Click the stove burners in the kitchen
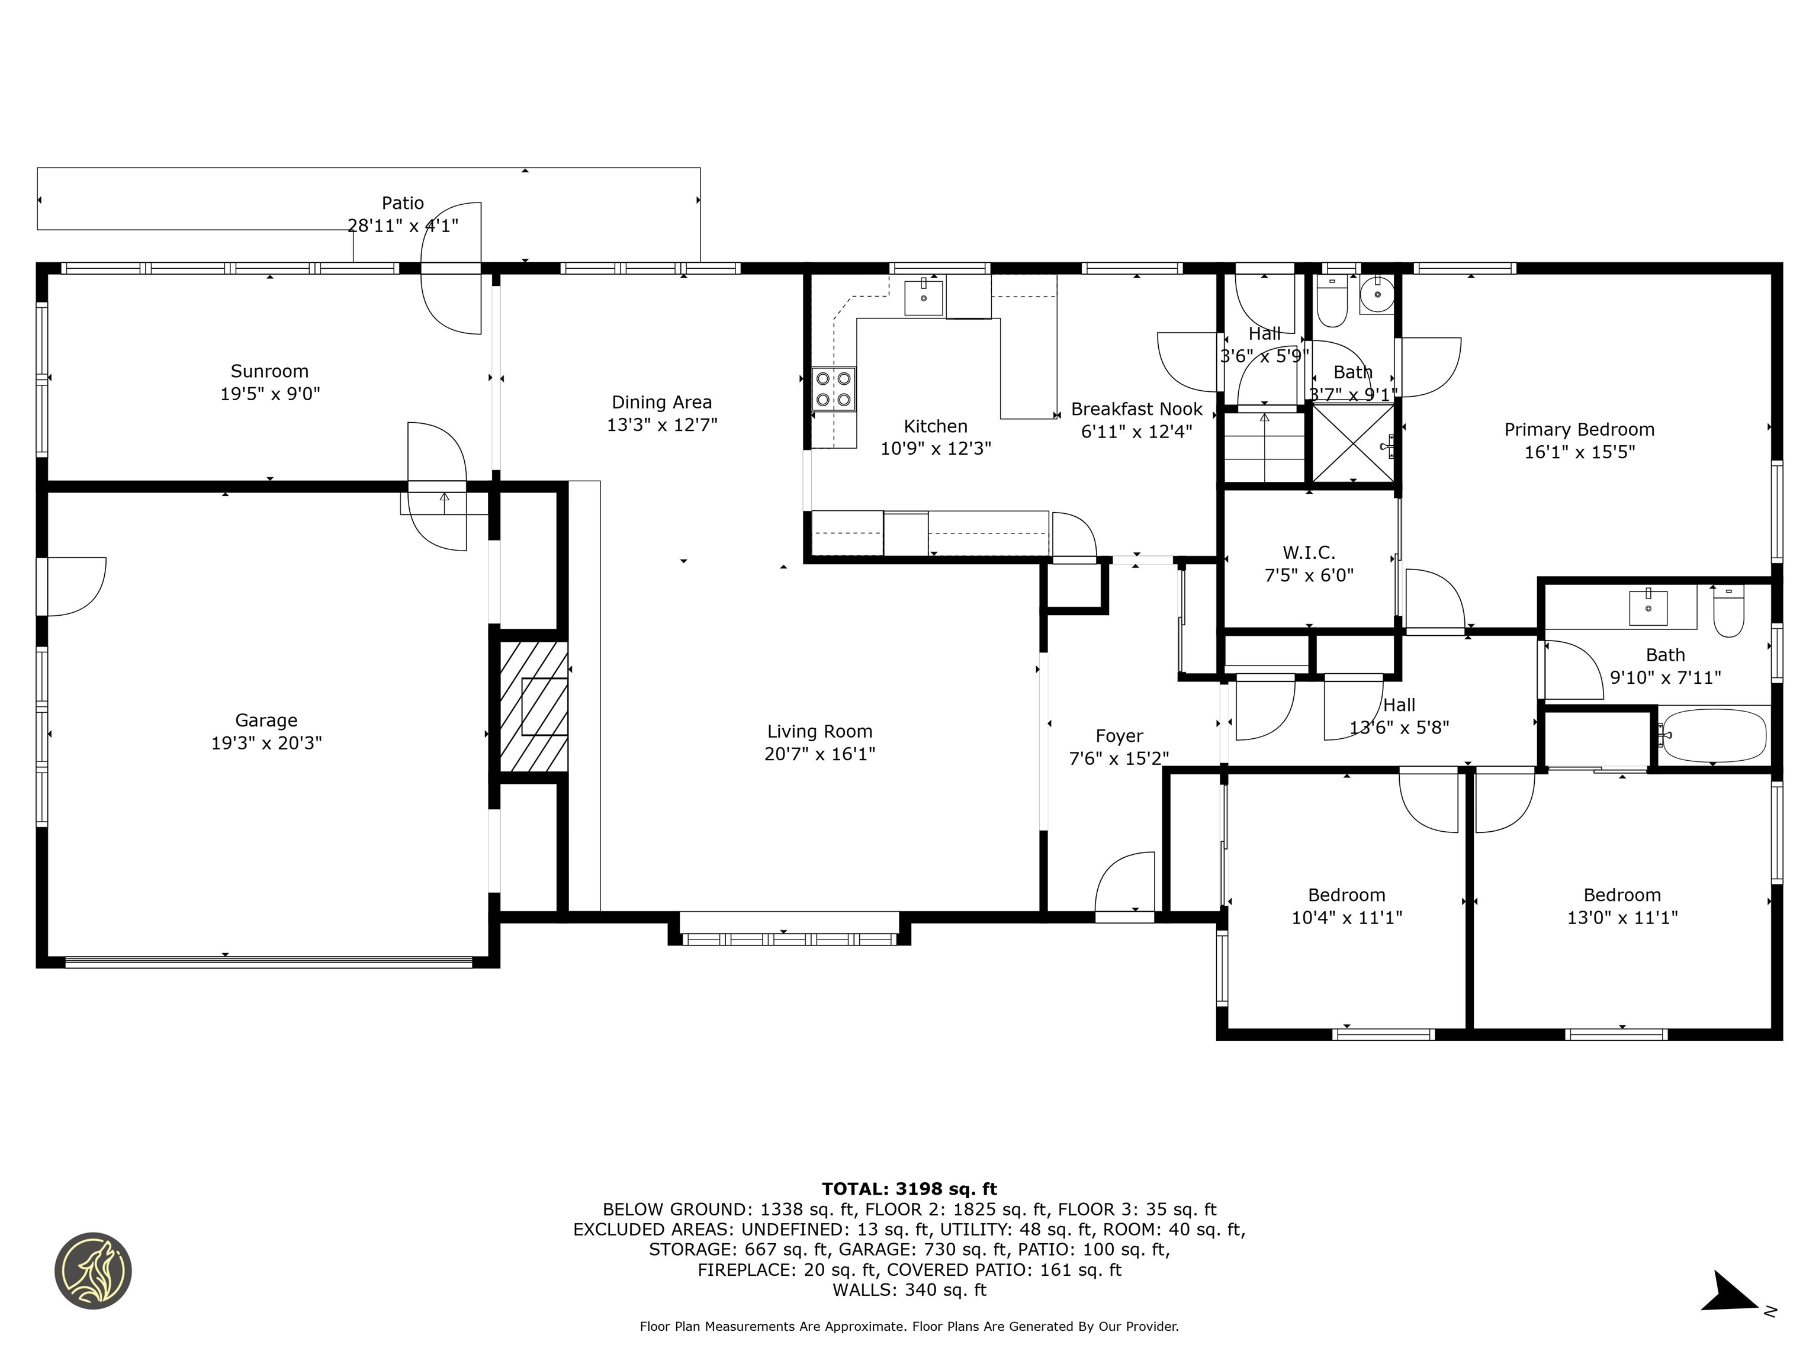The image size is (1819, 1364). click(834, 389)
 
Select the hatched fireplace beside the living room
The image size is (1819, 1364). click(534, 707)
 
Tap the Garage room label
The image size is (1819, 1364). click(266, 720)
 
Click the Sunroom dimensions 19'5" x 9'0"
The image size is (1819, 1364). click(270, 394)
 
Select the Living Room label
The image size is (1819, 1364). click(820, 731)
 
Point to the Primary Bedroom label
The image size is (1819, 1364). click(1579, 429)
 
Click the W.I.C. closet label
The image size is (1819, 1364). click(1309, 552)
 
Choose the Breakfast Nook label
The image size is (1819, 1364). click(1136, 408)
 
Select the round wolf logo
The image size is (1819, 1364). click(93, 1270)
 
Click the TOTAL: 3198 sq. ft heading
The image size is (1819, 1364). click(909, 1189)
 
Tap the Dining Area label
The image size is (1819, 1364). click(662, 402)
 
